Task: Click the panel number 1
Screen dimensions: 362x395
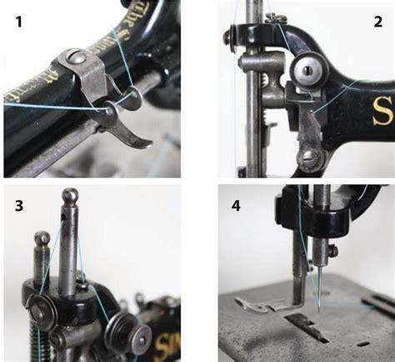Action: coord(17,23)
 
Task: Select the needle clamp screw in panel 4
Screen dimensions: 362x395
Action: coord(332,249)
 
